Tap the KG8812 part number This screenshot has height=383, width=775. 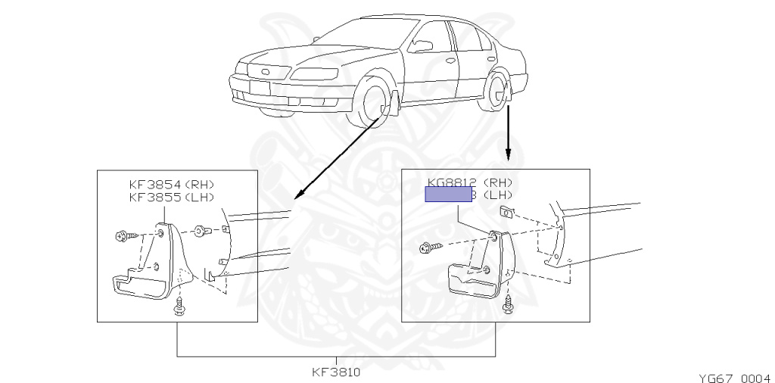(451, 182)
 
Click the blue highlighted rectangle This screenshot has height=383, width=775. (449, 195)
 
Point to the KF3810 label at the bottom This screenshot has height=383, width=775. (336, 372)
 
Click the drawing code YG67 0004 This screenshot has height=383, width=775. (733, 376)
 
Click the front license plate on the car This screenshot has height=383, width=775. (260, 87)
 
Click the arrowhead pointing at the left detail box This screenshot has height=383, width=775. (297, 195)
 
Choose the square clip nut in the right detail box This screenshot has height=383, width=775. (507, 210)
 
